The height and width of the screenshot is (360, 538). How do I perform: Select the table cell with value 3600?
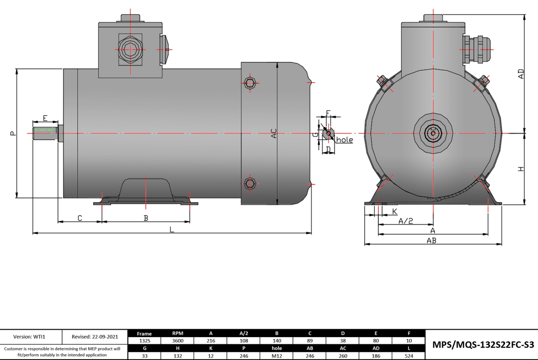(178, 341)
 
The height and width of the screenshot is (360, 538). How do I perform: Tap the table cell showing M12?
(277, 356)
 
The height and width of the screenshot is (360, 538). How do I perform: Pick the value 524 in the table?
(408, 356)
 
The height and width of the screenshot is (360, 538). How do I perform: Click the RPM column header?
(178, 333)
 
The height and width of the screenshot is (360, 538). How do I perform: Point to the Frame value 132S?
(144, 341)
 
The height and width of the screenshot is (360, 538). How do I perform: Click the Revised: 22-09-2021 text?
(95, 337)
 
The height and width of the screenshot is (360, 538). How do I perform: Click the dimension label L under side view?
(172, 229)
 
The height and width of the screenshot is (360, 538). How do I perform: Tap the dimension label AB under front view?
(431, 241)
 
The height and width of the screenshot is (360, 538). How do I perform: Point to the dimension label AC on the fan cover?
(274, 133)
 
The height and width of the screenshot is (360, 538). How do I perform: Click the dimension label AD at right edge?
(521, 74)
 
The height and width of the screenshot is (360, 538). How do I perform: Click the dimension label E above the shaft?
(45, 118)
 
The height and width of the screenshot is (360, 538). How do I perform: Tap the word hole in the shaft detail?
(344, 140)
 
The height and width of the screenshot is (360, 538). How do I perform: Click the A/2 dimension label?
(405, 221)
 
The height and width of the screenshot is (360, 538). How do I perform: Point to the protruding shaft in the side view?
(45, 133)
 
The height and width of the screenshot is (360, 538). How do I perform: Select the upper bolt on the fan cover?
(250, 83)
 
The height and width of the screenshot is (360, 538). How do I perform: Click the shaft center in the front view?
(433, 133)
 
